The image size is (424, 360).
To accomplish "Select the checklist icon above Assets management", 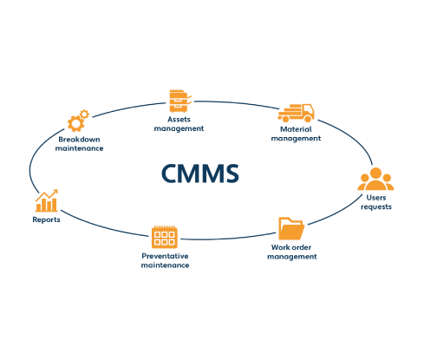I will point(179,98).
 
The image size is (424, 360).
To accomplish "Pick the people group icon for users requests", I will point(375,180).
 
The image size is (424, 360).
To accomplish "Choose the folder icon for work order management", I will point(291,229).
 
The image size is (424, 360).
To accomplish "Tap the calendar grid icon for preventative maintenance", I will point(165,237).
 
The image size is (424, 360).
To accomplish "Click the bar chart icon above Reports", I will point(47,201).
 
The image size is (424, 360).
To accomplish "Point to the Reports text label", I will point(47,220).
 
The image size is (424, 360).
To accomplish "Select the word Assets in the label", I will point(179,119).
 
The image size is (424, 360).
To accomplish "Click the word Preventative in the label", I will point(165,256).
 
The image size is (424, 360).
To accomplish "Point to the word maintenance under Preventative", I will point(165,265).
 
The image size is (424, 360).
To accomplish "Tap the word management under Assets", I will point(179,128).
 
